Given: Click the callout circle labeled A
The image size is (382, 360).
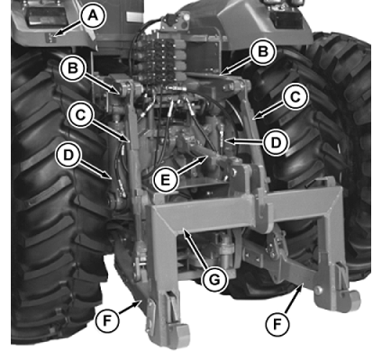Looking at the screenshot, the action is pyautogui.click(x=93, y=16).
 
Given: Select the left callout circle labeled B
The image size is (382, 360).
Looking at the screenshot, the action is pyautogui.click(x=73, y=68).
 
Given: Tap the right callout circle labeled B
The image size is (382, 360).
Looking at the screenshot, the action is pyautogui.click(x=263, y=51).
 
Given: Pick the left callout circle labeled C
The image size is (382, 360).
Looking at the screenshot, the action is pyautogui.click(x=79, y=115).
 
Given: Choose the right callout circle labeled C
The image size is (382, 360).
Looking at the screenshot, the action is pyautogui.click(x=296, y=97).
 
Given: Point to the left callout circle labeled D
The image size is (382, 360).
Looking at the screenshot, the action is pyautogui.click(x=68, y=156).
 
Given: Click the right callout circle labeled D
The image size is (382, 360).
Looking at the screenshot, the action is pyautogui.click(x=276, y=143).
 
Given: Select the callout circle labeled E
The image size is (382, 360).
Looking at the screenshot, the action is pyautogui.click(x=166, y=180).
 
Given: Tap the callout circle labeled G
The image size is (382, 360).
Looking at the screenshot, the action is pyautogui.click(x=214, y=280).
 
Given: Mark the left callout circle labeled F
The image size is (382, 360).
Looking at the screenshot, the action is pyautogui.click(x=107, y=321).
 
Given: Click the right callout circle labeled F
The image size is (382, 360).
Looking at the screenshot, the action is pyautogui.click(x=277, y=324).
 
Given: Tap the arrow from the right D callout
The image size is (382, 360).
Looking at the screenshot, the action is pyautogui.click(x=243, y=141).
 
